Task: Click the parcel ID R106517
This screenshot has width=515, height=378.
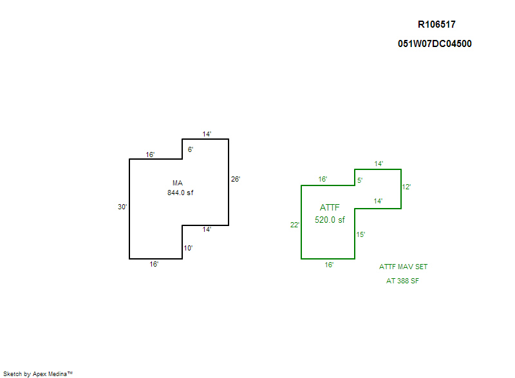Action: tap(436, 24)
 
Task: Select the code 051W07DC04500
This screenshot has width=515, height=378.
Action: tap(435, 44)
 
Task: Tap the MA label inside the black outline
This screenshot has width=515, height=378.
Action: tap(178, 183)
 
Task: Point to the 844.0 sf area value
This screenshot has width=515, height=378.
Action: tap(180, 193)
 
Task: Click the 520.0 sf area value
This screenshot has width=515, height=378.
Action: tap(330, 220)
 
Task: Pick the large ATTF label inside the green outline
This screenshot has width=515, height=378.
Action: tap(330, 207)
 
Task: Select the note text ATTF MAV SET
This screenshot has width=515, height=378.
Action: tap(404, 267)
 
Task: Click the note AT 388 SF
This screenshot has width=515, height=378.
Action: tap(402, 281)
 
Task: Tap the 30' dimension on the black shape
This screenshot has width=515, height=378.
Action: tap(122, 207)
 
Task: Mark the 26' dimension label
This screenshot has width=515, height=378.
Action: tap(236, 179)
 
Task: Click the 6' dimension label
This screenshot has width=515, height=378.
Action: tap(191, 149)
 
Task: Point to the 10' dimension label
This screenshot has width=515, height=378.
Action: tap(188, 248)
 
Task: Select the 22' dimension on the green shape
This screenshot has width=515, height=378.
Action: tap(295, 225)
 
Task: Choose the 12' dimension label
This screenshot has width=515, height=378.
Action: tap(406, 187)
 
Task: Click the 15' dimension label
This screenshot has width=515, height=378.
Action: tap(360, 234)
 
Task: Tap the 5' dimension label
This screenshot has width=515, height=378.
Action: tap(360, 180)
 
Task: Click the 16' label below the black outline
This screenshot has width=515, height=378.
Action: tap(154, 264)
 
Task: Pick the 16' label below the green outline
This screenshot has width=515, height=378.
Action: tap(329, 265)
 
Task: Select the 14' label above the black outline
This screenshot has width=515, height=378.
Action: tap(207, 134)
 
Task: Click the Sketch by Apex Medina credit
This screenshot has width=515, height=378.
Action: tap(38, 373)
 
